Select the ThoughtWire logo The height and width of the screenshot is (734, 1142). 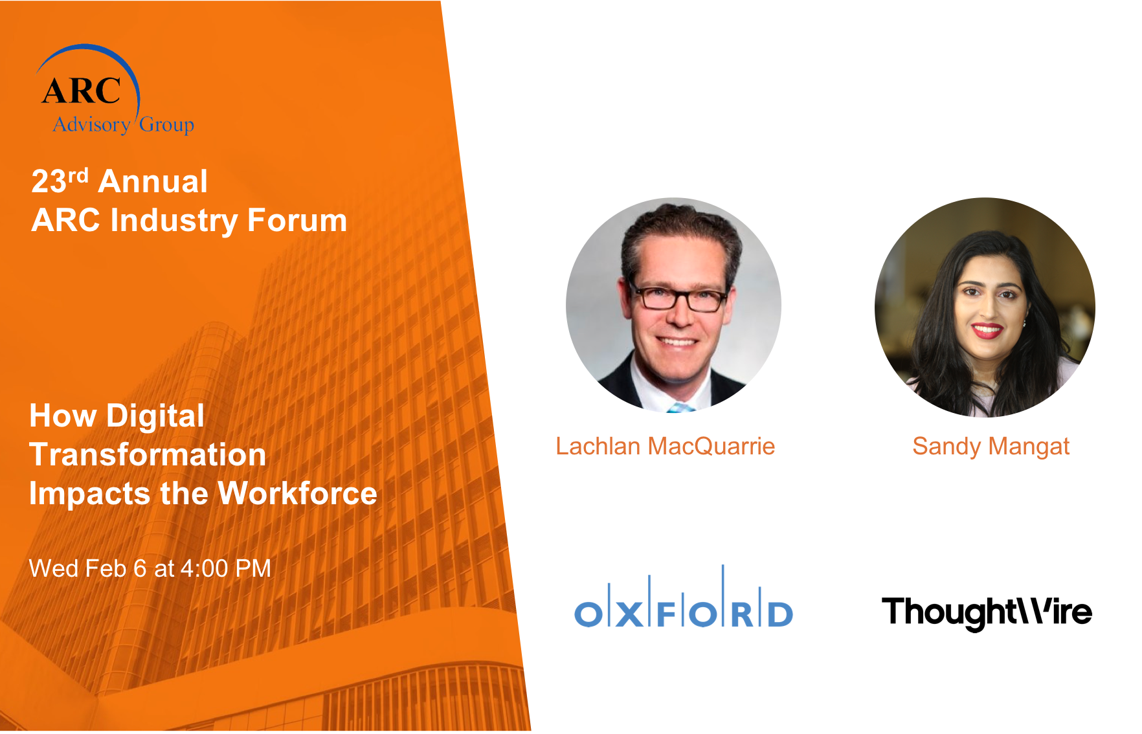click(987, 612)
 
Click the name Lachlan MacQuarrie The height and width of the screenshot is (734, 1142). click(665, 446)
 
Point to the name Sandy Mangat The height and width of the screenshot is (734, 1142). click(991, 447)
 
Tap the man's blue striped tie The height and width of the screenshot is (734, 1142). click(679, 408)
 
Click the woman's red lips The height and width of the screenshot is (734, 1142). click(987, 330)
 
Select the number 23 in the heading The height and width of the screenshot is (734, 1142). click(49, 182)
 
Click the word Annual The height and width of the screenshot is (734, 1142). click(153, 181)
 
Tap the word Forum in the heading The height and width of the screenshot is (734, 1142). click(297, 220)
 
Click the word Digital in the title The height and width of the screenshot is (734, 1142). click(155, 416)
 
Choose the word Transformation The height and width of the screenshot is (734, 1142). click(148, 454)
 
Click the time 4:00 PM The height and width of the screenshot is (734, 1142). click(225, 568)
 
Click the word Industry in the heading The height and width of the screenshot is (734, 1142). click(174, 221)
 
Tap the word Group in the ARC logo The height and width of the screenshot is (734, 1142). click(166, 124)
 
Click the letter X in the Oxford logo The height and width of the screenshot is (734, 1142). click(629, 614)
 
